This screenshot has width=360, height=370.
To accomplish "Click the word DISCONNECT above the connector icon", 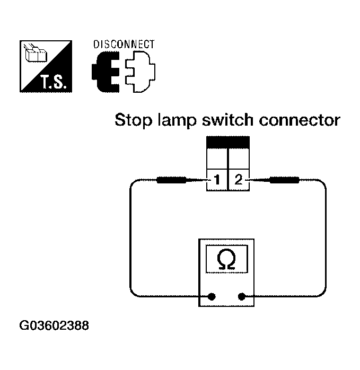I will point(124,44).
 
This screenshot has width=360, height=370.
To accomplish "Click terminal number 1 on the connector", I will point(217,180).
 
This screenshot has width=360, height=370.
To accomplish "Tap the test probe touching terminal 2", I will point(284,180).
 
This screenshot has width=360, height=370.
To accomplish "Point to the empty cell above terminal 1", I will point(217,159).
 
